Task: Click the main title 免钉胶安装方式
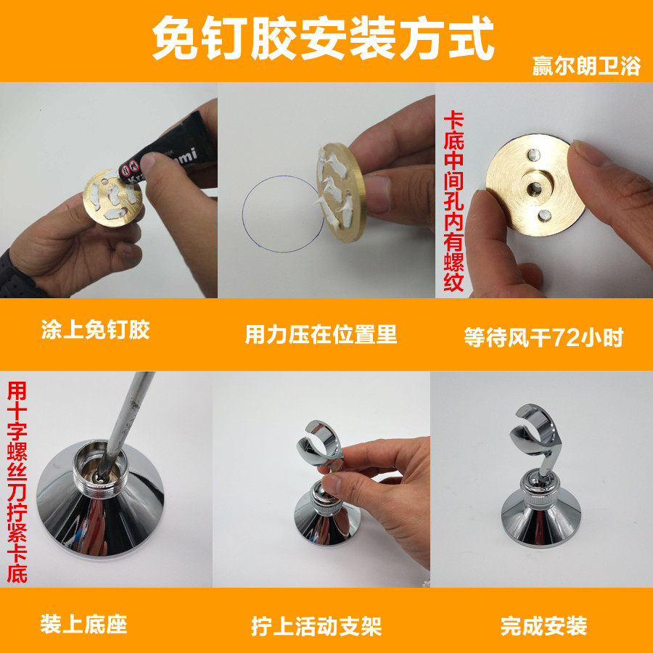click(323, 38)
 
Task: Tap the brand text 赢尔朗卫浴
click(586, 66)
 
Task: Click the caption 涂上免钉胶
click(95, 330)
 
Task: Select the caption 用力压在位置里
click(321, 334)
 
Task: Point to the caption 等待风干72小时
click(543, 337)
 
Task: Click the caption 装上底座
click(83, 624)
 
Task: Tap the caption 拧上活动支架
click(316, 626)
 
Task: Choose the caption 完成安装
click(543, 626)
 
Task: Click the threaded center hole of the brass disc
click(534, 188)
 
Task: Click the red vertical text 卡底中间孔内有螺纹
click(453, 201)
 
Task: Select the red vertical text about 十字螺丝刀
click(17, 482)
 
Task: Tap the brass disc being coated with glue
click(112, 197)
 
